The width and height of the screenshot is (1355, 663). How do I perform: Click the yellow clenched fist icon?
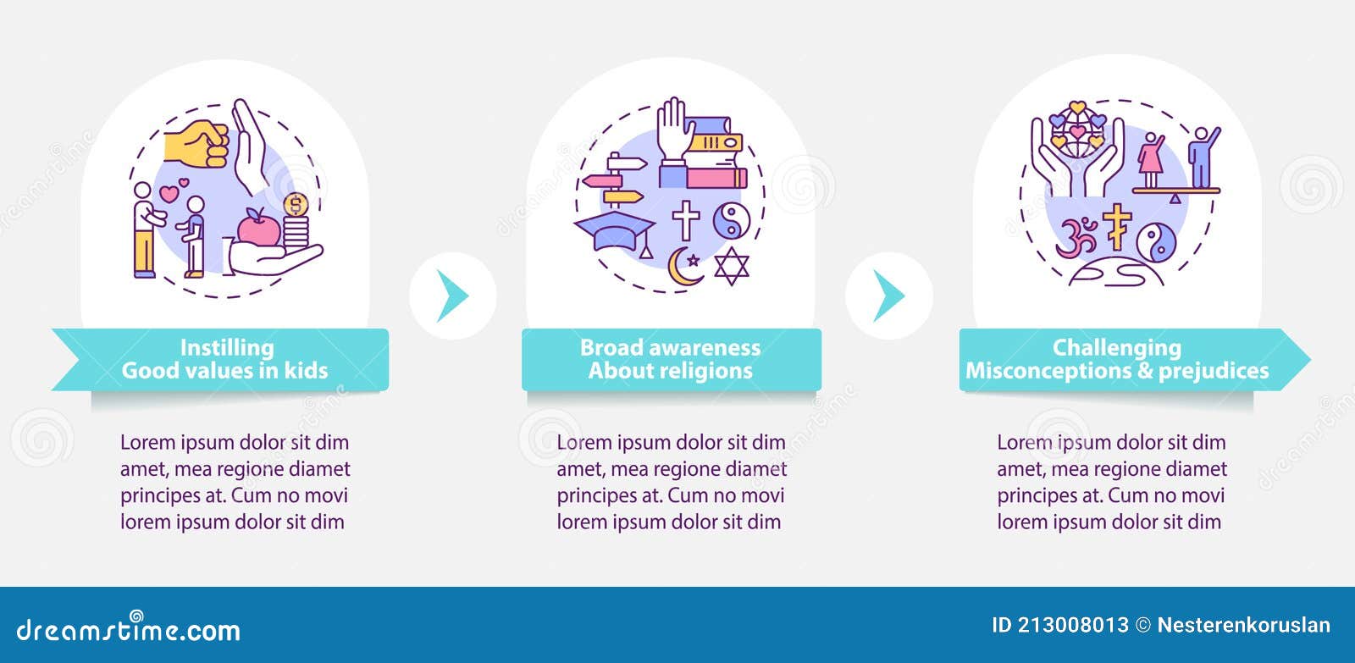click(x=197, y=143)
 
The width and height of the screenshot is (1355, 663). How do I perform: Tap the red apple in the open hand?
click(x=259, y=227)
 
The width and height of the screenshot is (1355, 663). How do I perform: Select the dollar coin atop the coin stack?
click(x=296, y=205)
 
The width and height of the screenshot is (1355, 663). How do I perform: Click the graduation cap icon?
click(x=615, y=234)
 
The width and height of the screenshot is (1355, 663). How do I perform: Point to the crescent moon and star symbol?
click(x=685, y=266)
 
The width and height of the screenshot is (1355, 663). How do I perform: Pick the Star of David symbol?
click(x=732, y=266)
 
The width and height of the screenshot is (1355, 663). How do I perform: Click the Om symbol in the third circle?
click(x=1076, y=236)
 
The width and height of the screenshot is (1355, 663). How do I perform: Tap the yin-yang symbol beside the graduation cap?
click(x=732, y=220)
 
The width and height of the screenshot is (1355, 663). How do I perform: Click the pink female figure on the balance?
click(x=1151, y=160)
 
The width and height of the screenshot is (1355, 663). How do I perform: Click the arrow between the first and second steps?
click(x=453, y=296)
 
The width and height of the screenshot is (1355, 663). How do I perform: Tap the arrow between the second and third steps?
click(x=888, y=296)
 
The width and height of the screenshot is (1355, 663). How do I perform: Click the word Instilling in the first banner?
click(x=227, y=348)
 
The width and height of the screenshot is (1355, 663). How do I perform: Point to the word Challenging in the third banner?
click(x=1117, y=348)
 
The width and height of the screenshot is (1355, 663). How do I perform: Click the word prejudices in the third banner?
click(x=1214, y=371)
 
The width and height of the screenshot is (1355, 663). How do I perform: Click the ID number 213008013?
click(x=1073, y=625)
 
